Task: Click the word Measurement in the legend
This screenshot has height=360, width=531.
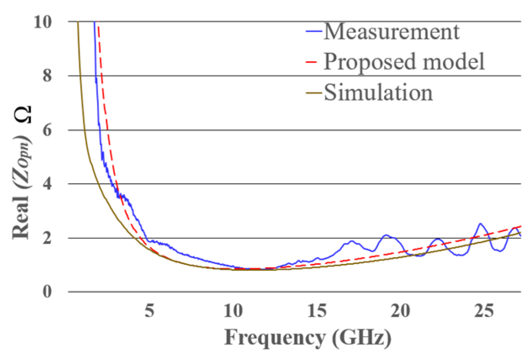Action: [391, 33]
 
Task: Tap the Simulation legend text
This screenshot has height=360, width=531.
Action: [378, 93]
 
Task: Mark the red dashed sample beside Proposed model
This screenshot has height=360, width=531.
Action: [312, 63]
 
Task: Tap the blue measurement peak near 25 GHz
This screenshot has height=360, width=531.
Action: [480, 223]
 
